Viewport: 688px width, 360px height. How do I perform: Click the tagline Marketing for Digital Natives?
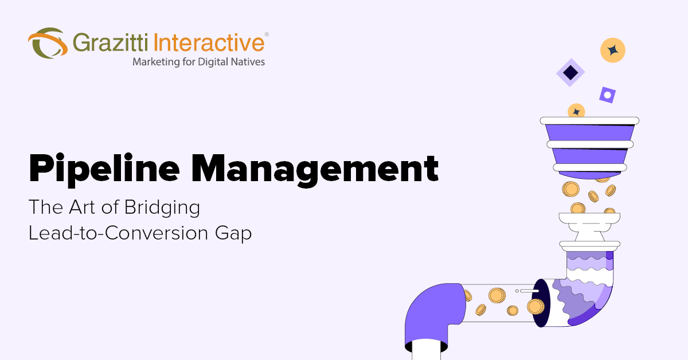tap(198, 61)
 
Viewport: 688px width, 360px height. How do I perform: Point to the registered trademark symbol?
tap(266, 35)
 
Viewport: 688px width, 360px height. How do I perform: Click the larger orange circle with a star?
tap(612, 50)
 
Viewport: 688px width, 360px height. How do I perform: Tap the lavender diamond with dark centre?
tap(570, 73)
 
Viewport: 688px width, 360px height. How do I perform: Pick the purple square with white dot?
tap(607, 95)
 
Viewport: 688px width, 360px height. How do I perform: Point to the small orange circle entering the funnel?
tap(576, 111)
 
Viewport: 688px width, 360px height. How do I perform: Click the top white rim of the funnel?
tap(589, 121)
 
